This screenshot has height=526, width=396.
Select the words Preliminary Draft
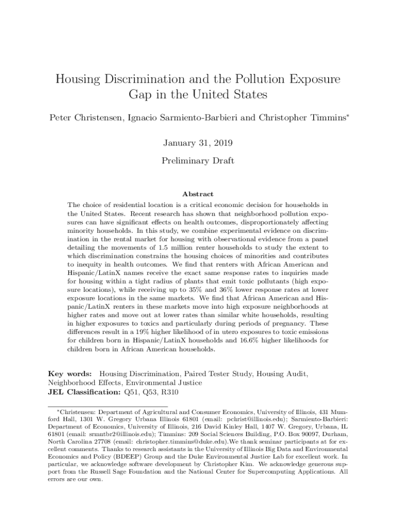click(x=198, y=161)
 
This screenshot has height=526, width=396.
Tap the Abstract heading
click(x=198, y=194)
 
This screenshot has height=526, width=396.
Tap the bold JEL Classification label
click(x=84, y=392)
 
